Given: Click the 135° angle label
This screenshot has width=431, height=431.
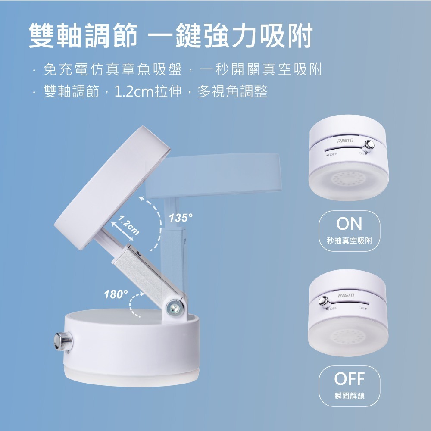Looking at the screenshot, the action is point(181,218).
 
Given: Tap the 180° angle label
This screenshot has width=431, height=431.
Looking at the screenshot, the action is point(116,294).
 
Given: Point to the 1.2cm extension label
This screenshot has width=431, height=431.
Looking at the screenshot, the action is point(128,225).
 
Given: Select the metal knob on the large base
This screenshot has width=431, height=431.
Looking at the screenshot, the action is point(63,342).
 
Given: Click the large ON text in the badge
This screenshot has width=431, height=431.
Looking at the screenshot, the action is point(350,224).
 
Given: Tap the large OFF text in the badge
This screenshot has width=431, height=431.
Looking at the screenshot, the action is point(350,379).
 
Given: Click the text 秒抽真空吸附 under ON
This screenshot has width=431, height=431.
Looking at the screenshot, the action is point(350,240).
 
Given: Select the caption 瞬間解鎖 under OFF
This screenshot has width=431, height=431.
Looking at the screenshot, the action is point(350,396).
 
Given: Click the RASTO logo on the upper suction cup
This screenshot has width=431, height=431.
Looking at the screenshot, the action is point(346,141).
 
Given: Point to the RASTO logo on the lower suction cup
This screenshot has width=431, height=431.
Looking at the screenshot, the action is point(346,295).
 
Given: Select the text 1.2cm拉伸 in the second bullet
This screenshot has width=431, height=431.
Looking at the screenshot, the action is point(148,91).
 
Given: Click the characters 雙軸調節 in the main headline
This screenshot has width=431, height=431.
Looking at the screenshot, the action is point(83,35).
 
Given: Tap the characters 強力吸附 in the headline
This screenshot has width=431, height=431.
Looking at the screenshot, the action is point(258,35).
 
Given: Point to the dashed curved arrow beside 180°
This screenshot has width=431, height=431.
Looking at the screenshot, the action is point(134,304).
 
